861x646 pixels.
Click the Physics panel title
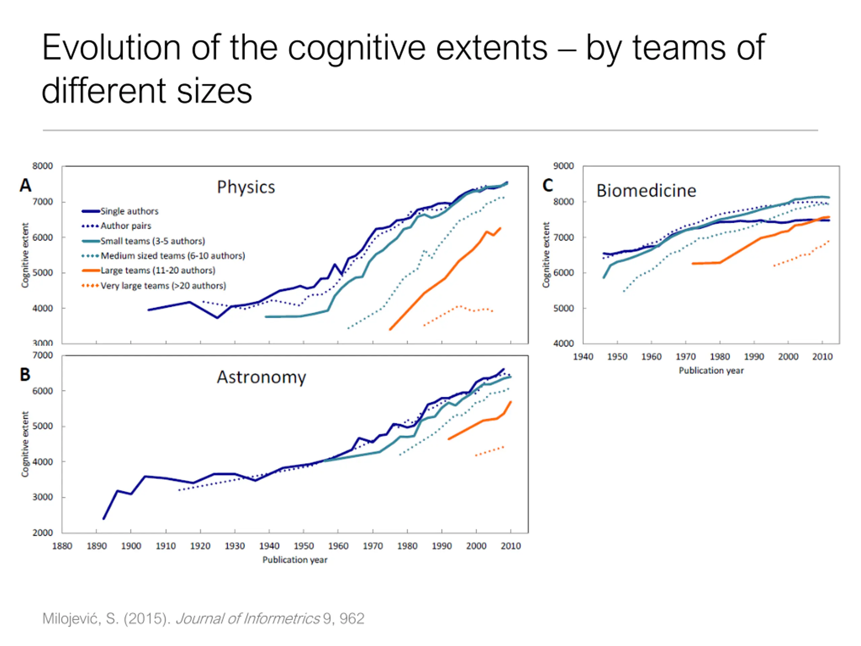pyautogui.click(x=246, y=187)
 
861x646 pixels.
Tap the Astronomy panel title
pyautogui.click(x=262, y=377)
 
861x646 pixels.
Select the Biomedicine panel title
pyautogui.click(x=646, y=191)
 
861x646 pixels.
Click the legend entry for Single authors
pyautogui.click(x=120, y=211)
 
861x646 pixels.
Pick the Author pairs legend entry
pyautogui.click(x=116, y=226)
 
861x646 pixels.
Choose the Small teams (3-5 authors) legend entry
pyautogui.click(x=143, y=241)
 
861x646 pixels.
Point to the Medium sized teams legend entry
pyautogui.click(x=163, y=256)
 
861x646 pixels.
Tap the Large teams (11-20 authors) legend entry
pyautogui.click(x=148, y=271)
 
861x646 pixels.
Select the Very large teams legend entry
pyautogui.click(x=154, y=286)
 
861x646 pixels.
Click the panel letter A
pyautogui.click(x=26, y=185)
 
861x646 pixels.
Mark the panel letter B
pyautogui.click(x=25, y=374)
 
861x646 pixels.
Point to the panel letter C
pyautogui.click(x=548, y=185)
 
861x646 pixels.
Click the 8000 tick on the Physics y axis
pyautogui.click(x=42, y=166)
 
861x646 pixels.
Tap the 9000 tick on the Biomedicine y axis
pyautogui.click(x=563, y=166)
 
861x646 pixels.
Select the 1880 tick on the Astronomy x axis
pyautogui.click(x=62, y=546)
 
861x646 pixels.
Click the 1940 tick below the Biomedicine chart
pyautogui.click(x=583, y=357)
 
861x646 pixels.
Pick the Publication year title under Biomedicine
pyautogui.click(x=711, y=371)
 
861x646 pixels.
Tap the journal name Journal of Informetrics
pyautogui.click(x=248, y=619)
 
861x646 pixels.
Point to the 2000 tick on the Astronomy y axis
pyautogui.click(x=42, y=533)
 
